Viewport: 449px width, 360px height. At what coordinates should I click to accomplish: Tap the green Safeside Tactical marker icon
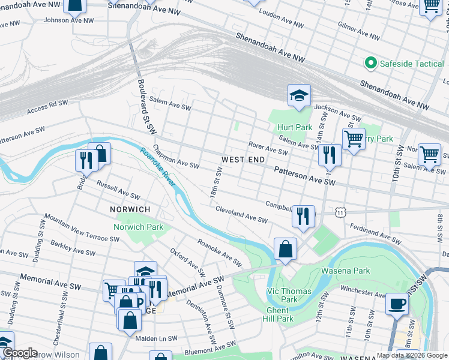[370, 62]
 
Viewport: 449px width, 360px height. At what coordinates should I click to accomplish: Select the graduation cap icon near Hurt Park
[298, 95]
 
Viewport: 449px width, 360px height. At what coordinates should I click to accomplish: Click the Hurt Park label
[295, 128]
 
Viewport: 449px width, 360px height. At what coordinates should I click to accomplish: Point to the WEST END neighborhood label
[243, 160]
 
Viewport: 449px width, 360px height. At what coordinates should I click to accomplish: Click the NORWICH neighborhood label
[130, 209]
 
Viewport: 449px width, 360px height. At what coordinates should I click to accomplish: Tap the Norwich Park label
[139, 227]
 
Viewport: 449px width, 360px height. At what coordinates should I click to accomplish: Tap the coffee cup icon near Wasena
[396, 303]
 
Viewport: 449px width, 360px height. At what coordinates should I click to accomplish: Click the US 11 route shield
[341, 212]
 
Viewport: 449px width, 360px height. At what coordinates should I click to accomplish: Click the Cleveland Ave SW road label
[241, 217]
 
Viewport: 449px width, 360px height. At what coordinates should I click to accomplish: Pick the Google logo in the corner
[19, 352]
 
